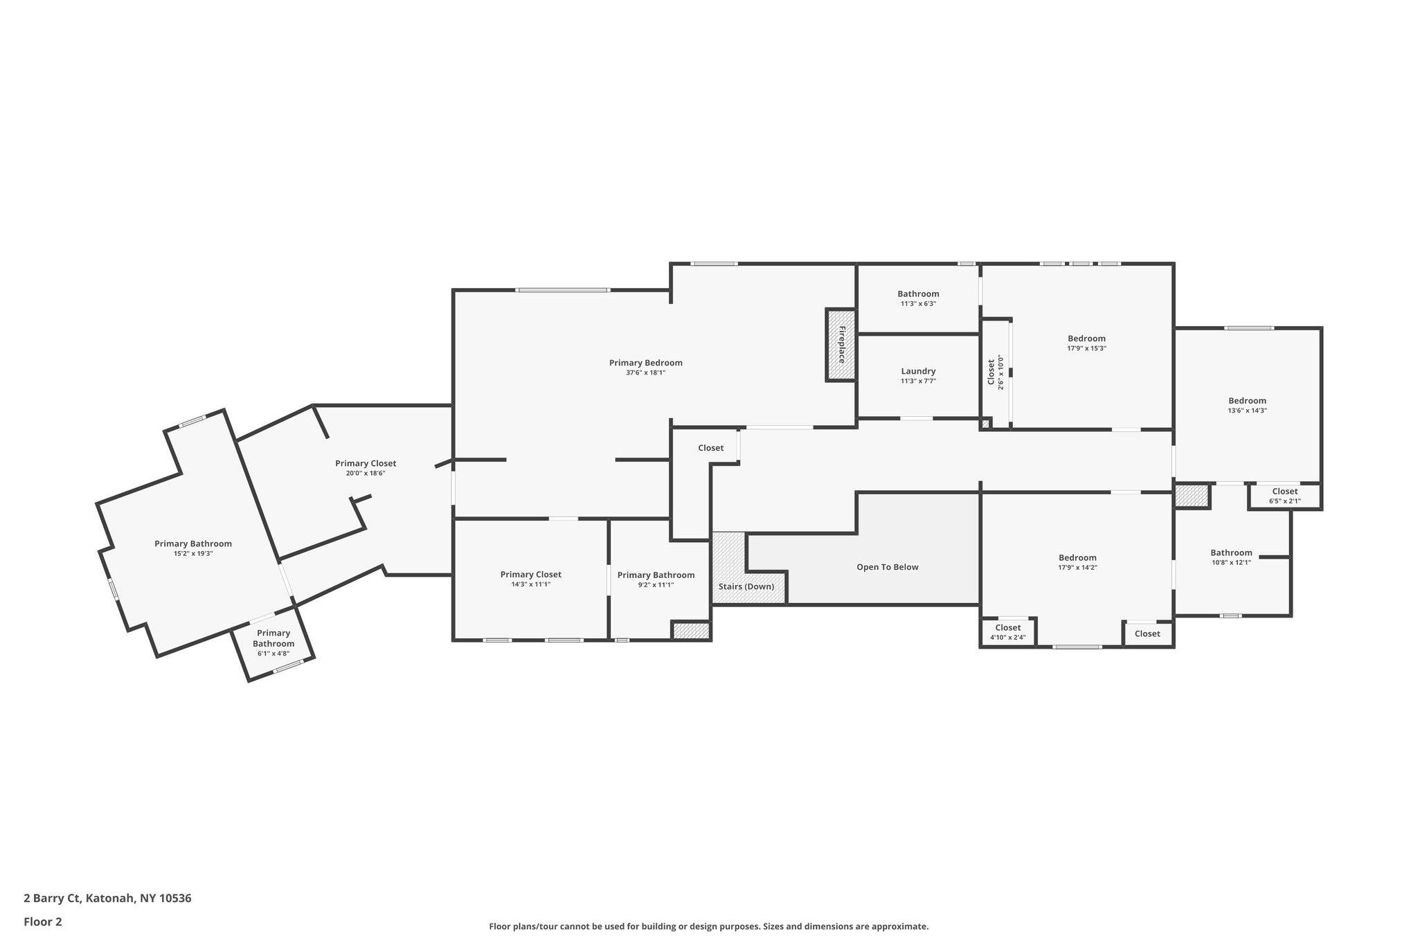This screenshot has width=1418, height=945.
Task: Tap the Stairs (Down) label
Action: point(746,586)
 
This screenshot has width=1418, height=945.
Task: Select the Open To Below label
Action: point(887,567)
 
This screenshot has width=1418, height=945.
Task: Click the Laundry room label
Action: point(918,371)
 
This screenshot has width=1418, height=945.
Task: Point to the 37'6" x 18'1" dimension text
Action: point(645,372)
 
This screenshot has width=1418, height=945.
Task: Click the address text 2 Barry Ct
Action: point(107,899)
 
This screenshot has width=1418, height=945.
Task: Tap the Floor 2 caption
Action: point(43,921)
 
